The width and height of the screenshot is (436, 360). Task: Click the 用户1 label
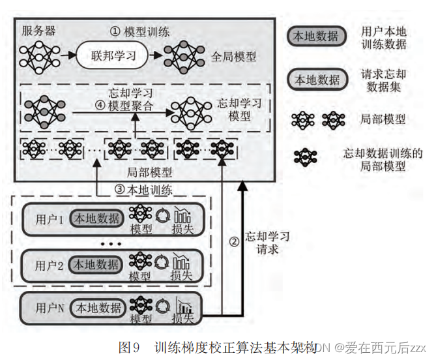pyautogui.click(x=48, y=220)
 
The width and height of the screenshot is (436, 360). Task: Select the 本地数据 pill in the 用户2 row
pyautogui.click(x=96, y=265)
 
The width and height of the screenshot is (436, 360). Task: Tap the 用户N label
pyautogui.click(x=50, y=308)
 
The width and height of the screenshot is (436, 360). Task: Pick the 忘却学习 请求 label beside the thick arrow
pyautogui.click(x=267, y=242)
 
